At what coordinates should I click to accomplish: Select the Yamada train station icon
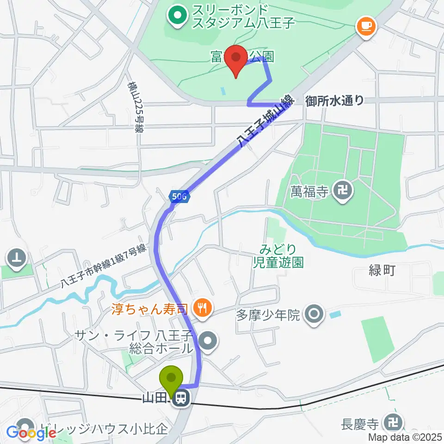180,397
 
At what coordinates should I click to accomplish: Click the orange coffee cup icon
366,26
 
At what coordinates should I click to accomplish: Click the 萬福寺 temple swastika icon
343,189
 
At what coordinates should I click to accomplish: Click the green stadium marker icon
177,16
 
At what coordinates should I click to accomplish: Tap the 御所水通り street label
334,100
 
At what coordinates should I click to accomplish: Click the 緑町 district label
382,271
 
